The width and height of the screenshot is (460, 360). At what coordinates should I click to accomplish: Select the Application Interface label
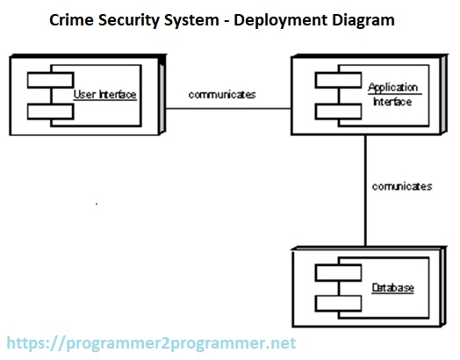point(394,94)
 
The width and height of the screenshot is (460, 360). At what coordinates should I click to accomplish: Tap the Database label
point(392,288)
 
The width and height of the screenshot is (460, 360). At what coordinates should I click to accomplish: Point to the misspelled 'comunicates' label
point(402,186)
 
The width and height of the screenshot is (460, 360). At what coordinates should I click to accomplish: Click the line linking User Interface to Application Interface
point(228,109)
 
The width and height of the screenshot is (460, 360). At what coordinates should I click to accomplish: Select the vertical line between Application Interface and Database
point(366,193)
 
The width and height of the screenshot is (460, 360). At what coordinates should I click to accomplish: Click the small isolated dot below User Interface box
point(96,204)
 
